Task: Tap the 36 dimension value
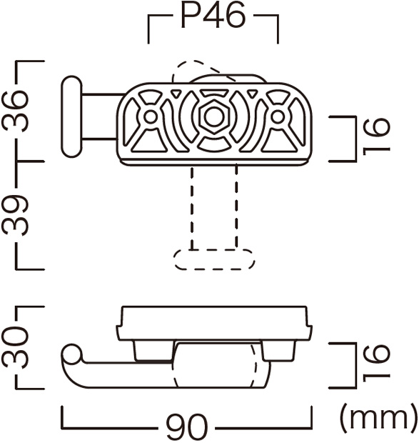point(16,111)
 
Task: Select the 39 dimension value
point(16,215)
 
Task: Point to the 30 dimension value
point(16,347)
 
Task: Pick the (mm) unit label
point(379,419)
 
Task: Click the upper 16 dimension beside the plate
point(376,136)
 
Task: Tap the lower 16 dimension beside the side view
point(376,363)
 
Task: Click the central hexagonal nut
point(214,116)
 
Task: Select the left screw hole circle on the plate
point(151,116)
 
